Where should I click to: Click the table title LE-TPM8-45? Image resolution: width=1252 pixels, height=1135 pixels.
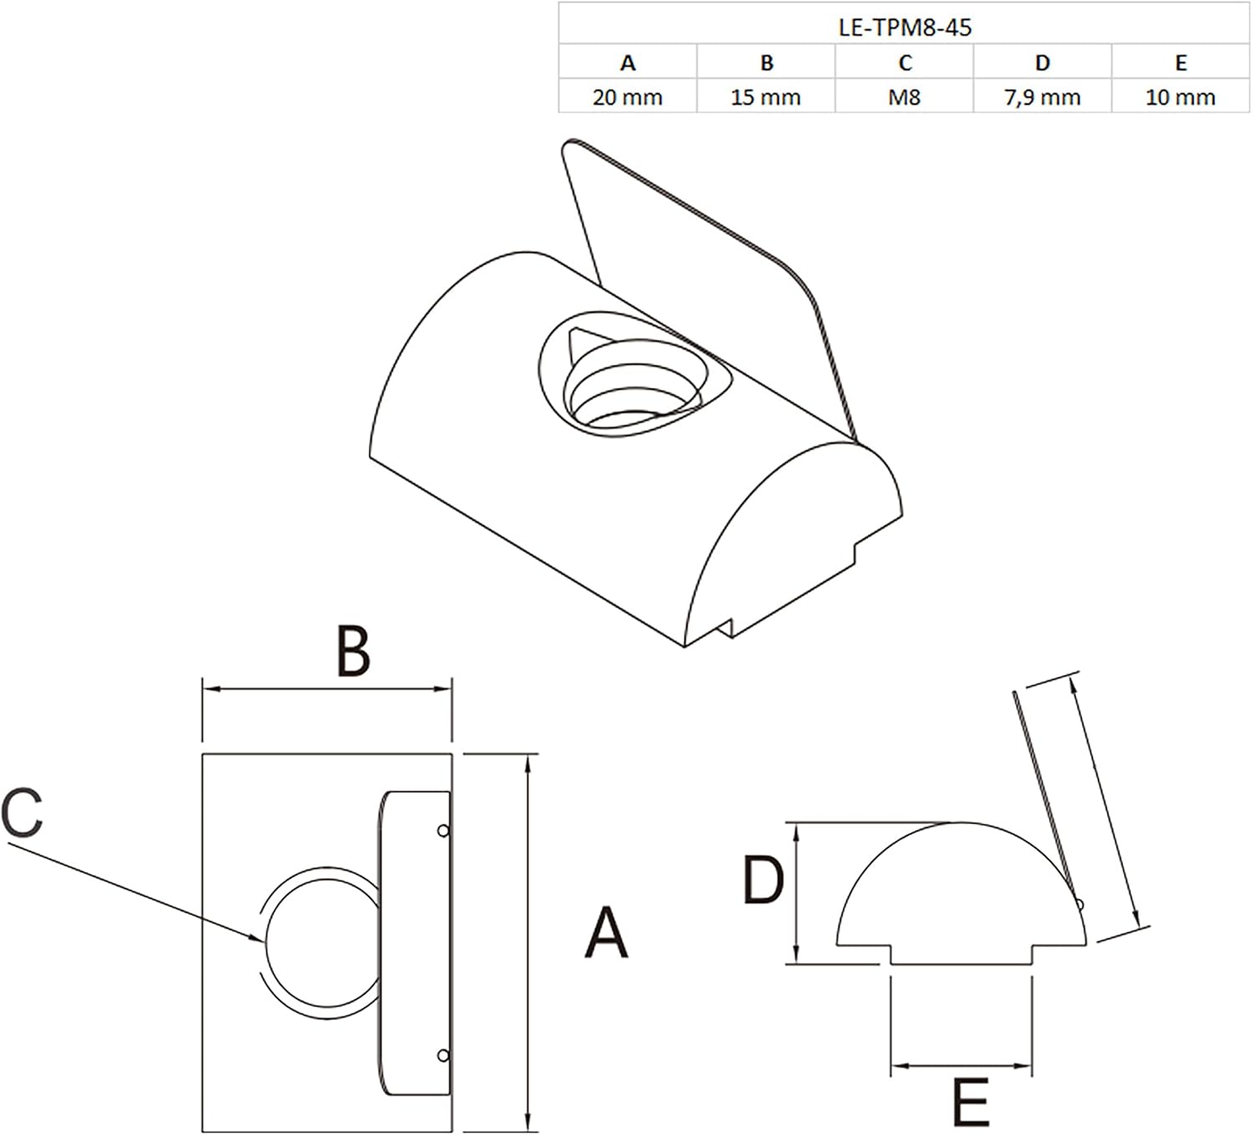(x=904, y=28)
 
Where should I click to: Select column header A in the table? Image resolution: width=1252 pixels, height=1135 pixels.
(x=628, y=63)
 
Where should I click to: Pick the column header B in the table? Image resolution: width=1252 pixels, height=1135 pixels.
(x=766, y=63)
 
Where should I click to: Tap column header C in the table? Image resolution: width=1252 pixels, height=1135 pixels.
(x=905, y=63)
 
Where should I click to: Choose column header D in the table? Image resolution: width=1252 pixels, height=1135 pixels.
(x=1043, y=63)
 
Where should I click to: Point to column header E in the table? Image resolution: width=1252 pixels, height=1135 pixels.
(x=1181, y=63)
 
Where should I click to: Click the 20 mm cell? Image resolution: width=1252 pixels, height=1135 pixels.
(x=628, y=98)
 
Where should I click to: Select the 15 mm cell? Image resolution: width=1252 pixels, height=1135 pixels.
(x=765, y=98)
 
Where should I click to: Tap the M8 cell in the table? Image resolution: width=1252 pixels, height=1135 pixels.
(x=904, y=98)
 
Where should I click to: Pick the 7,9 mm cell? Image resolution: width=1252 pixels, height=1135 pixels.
(x=1042, y=98)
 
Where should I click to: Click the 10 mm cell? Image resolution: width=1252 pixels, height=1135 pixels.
(x=1180, y=98)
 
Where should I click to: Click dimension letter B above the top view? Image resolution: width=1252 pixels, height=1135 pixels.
(x=353, y=653)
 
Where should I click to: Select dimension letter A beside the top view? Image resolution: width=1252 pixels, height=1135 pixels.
(x=606, y=933)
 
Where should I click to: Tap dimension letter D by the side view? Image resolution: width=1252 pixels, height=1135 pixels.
(x=763, y=880)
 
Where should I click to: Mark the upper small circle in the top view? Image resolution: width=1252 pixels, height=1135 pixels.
(x=443, y=831)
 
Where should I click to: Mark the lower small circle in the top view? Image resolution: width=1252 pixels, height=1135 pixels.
(x=443, y=1055)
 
